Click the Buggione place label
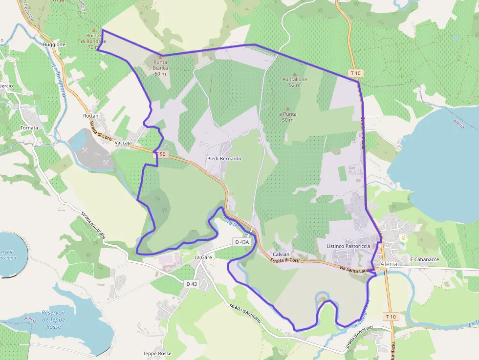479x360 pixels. point(54,44)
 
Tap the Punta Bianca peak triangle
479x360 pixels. point(160,57)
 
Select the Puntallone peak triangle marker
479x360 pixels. point(294,74)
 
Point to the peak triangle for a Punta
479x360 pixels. point(288,109)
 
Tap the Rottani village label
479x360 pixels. point(91,116)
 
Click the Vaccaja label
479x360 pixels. point(124,143)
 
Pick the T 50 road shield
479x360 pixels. point(162,154)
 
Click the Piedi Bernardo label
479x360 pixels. point(224,159)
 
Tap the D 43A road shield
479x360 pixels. point(241,242)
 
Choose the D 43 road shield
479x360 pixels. point(191,284)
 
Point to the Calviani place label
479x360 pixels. point(282,254)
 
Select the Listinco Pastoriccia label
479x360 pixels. point(348,246)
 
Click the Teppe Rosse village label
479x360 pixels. point(157,353)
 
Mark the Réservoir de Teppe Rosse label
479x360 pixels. point(54,319)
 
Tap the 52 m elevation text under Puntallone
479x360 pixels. point(294,85)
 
